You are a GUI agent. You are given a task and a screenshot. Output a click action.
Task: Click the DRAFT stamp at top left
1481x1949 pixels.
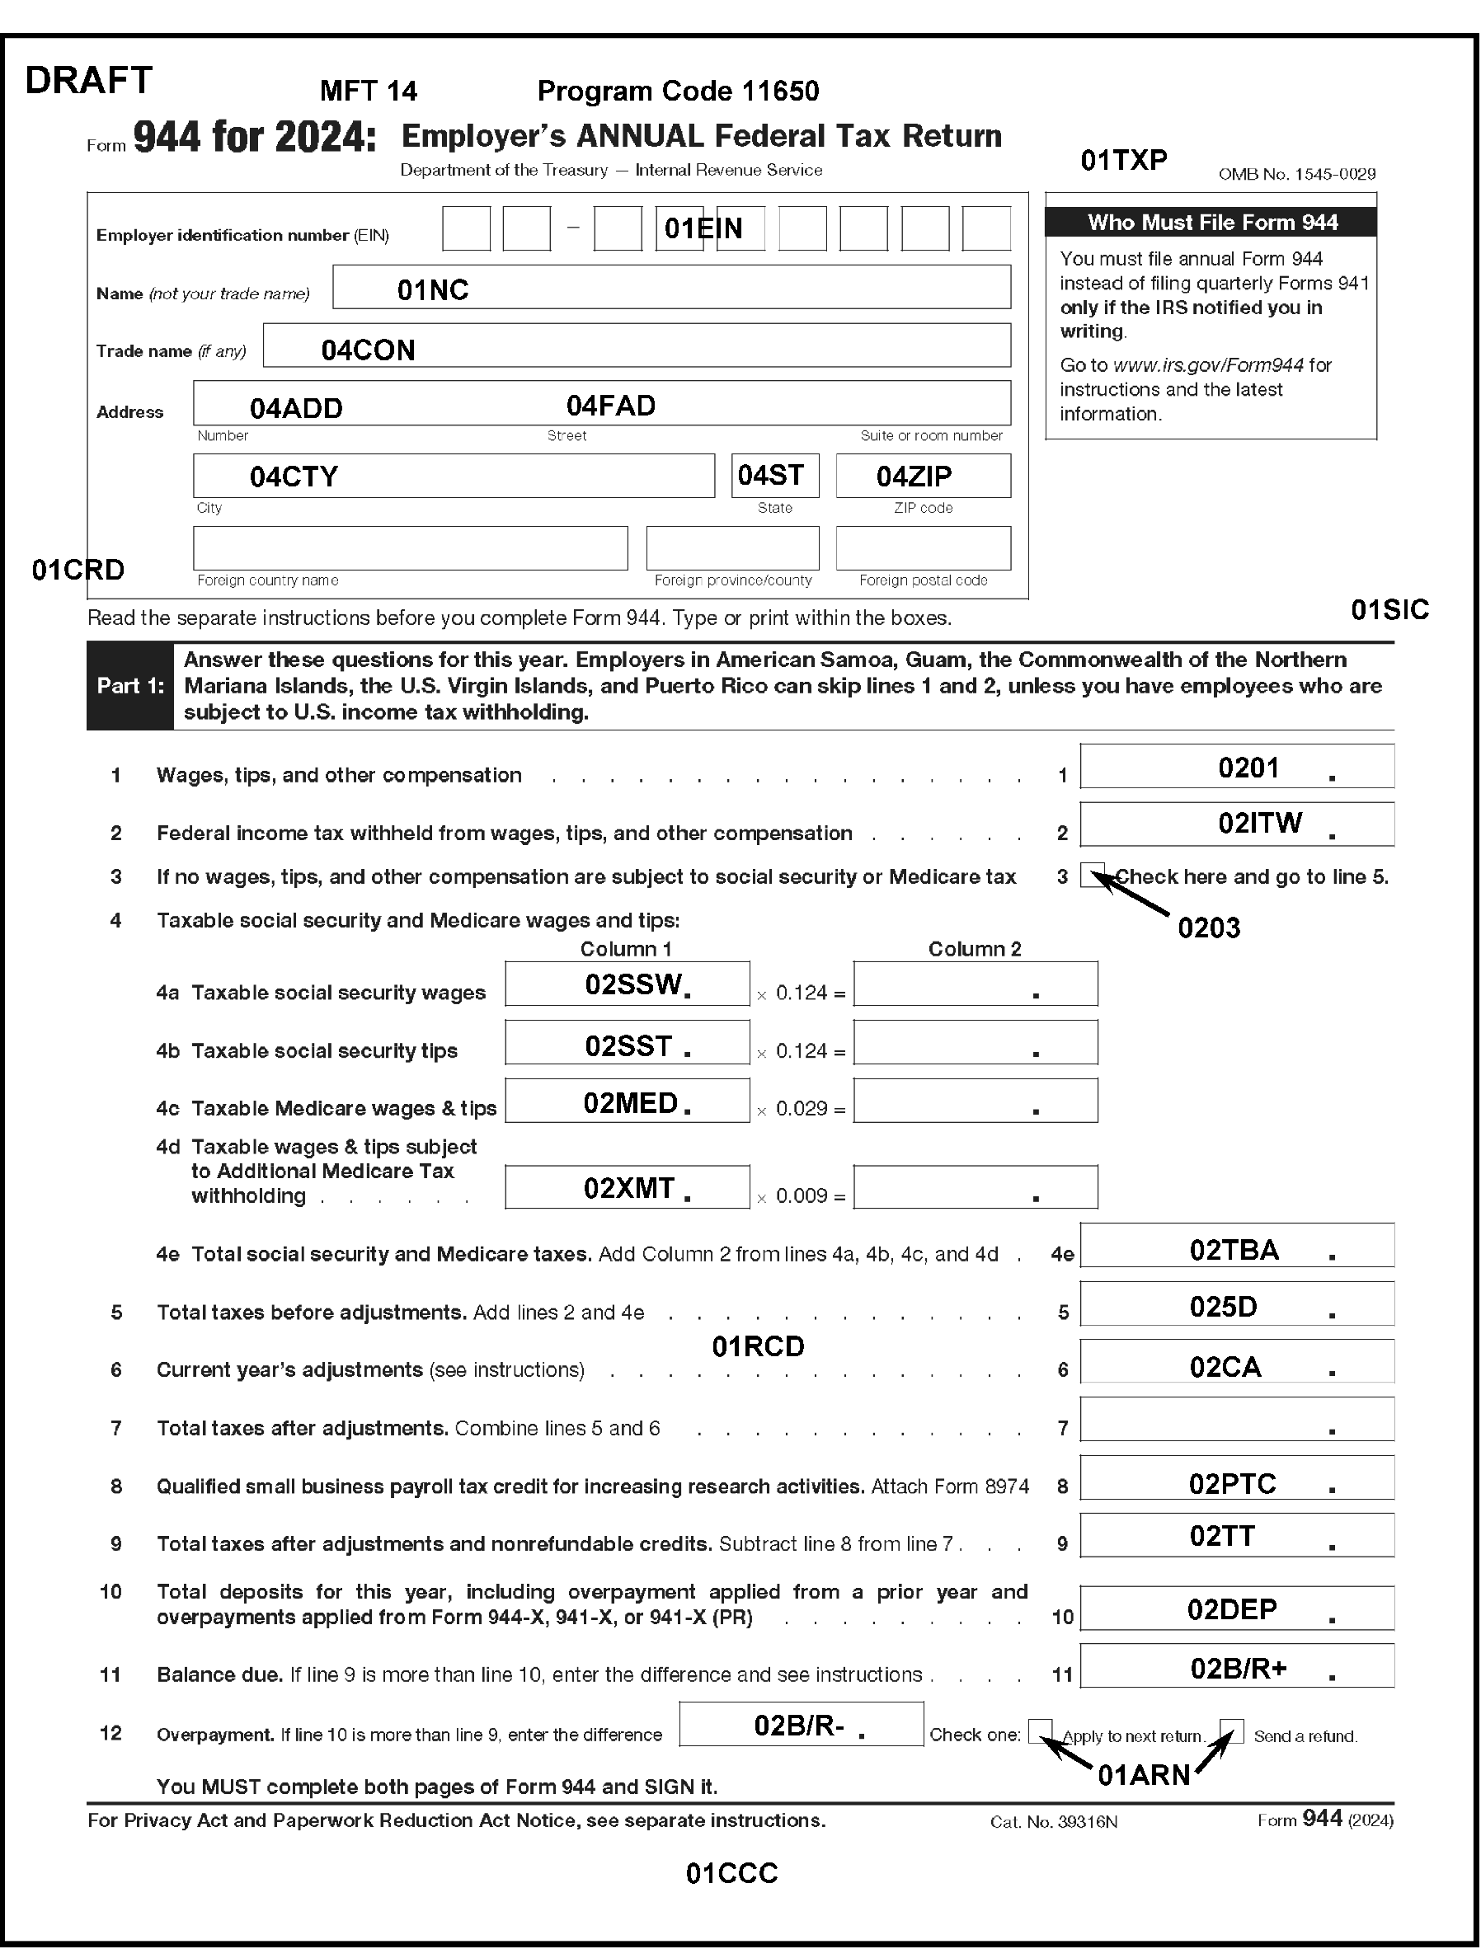89,80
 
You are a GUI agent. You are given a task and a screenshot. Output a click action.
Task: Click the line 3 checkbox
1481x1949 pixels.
1091,875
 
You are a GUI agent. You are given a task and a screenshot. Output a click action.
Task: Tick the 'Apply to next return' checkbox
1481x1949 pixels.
1040,1731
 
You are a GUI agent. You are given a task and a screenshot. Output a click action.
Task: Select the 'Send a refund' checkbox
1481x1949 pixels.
1231,1731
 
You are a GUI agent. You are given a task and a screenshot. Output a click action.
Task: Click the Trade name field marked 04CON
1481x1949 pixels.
637,345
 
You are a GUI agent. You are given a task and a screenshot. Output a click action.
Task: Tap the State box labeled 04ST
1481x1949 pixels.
775,476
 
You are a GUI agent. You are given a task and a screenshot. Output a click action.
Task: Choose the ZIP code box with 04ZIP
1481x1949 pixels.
923,476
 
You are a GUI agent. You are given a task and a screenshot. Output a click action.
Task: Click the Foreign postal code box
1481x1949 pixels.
923,548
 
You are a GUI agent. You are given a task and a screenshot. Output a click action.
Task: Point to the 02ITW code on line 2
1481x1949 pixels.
1260,824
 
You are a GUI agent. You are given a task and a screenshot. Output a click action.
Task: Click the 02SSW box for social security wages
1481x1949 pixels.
627,984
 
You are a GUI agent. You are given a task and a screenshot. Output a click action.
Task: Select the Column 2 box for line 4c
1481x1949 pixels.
975,1101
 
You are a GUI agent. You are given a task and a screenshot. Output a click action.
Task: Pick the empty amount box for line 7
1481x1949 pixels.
1237,1419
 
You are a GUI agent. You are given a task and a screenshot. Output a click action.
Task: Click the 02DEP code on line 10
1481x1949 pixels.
1231,1609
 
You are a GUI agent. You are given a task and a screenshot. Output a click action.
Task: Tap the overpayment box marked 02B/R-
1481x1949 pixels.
801,1725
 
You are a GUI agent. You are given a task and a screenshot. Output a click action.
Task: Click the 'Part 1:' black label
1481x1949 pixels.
130,686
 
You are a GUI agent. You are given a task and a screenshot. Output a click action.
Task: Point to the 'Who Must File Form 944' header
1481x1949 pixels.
1211,222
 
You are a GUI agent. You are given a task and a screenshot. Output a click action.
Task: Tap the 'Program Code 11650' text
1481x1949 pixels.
678,91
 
